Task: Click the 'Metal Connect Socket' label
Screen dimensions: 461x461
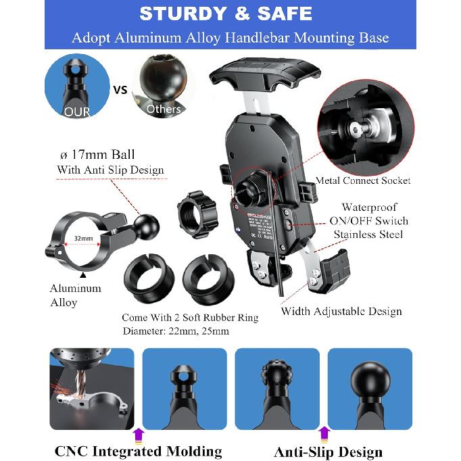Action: pos(363,180)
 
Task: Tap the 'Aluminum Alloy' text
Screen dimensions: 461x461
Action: pos(75,295)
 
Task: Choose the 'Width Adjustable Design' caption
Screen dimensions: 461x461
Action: pos(341,312)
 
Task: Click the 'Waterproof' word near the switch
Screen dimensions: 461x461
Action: pos(368,208)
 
